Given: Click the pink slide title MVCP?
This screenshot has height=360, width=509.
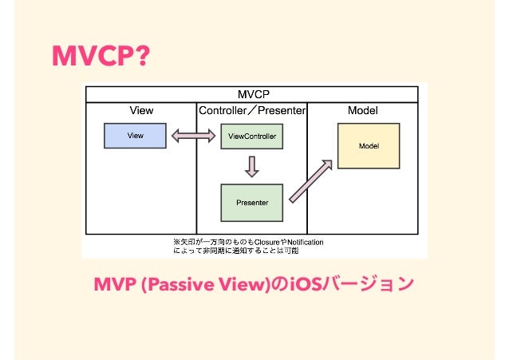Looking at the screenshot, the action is [100, 56].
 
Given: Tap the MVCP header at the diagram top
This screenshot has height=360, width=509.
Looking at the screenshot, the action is [254, 94].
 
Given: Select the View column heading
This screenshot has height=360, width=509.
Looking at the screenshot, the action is [141, 110].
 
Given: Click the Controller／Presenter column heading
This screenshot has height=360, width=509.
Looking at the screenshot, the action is [252, 110].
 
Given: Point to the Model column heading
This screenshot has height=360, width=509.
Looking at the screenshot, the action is [363, 110].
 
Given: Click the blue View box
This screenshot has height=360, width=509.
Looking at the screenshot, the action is [136, 136].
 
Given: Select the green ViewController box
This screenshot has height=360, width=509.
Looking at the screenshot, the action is [252, 136].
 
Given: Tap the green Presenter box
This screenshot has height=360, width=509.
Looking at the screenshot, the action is [252, 203].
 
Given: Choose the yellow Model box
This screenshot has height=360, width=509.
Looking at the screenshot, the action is [369, 146].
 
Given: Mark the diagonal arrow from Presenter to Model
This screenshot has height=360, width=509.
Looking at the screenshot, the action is [310, 181].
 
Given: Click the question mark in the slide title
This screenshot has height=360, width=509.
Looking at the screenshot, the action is [140, 56].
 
